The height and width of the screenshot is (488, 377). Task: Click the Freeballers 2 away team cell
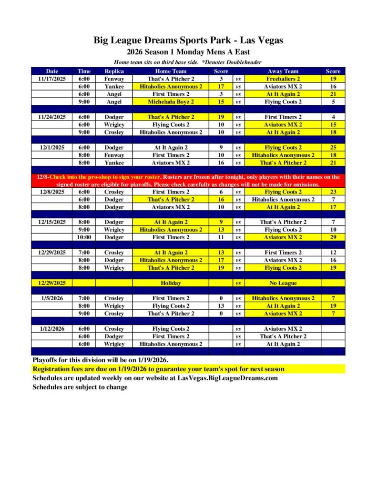(x=283, y=79)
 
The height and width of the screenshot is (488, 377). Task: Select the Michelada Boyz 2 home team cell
(x=171, y=102)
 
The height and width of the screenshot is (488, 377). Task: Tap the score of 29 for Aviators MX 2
(x=333, y=237)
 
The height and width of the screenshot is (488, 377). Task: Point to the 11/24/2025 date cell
(x=51, y=117)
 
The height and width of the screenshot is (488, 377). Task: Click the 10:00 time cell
(x=84, y=237)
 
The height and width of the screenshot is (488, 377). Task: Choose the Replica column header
(x=114, y=71)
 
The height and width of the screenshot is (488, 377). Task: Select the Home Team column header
(x=171, y=71)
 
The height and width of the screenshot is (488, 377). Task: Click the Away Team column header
(x=283, y=71)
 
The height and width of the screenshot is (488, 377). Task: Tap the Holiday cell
(x=171, y=283)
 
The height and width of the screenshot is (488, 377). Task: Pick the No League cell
(x=283, y=283)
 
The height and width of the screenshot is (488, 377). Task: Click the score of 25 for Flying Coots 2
(x=333, y=147)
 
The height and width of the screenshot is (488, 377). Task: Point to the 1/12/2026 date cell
(x=51, y=328)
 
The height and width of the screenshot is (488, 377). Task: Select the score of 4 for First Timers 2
(x=333, y=117)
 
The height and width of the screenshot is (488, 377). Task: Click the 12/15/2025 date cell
(x=51, y=222)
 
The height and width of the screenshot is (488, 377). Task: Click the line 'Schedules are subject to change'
(x=80, y=387)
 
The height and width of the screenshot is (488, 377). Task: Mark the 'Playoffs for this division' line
(x=100, y=360)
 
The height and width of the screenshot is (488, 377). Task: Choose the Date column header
(x=51, y=71)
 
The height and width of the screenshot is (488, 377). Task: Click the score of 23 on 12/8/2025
(x=333, y=192)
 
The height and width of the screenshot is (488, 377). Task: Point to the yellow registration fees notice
(x=158, y=369)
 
